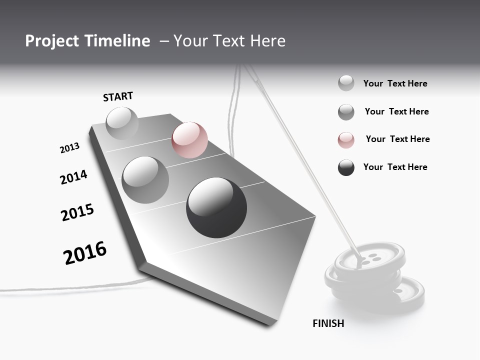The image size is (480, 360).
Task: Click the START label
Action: [118, 96]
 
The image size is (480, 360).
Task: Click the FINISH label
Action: [328, 323]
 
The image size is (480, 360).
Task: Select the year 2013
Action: [69, 148]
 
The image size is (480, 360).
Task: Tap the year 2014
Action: [73, 177]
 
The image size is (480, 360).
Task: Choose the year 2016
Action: [85, 252]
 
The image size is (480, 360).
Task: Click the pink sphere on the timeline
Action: [189, 140]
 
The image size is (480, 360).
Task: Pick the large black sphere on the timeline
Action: [216, 207]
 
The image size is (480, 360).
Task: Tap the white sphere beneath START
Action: [122, 123]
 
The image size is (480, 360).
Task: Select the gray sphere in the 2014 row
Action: [145, 179]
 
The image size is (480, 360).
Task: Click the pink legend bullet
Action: [346, 140]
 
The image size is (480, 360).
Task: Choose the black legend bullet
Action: [346, 167]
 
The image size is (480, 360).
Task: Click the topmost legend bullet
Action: [346, 83]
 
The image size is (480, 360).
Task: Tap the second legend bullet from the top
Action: [346, 112]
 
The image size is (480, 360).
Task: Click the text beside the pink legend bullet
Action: [397, 139]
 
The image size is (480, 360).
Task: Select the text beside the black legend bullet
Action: [395, 167]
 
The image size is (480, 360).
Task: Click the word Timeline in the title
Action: [117, 41]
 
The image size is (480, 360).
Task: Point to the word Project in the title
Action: [52, 41]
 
